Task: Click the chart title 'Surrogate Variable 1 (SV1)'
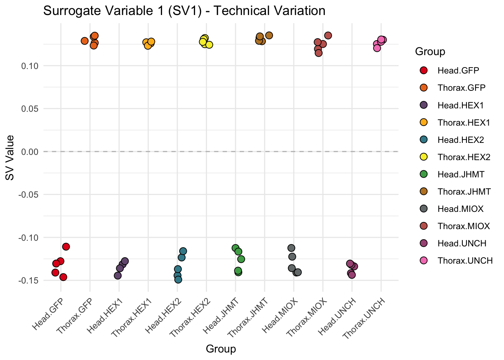[184, 10]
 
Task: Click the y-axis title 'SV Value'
[10, 157]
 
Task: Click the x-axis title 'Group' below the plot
[221, 349]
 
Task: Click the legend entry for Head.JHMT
[461, 174]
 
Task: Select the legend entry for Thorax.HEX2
[464, 157]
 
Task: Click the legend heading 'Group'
[430, 52]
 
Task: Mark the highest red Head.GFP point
[66, 246]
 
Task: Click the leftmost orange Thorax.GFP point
[85, 41]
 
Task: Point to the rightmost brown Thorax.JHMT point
[269, 35]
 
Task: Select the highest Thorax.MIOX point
[328, 36]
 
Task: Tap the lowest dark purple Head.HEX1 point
[118, 276]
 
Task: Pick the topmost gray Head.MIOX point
[291, 248]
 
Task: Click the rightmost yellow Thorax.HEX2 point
[209, 45]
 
